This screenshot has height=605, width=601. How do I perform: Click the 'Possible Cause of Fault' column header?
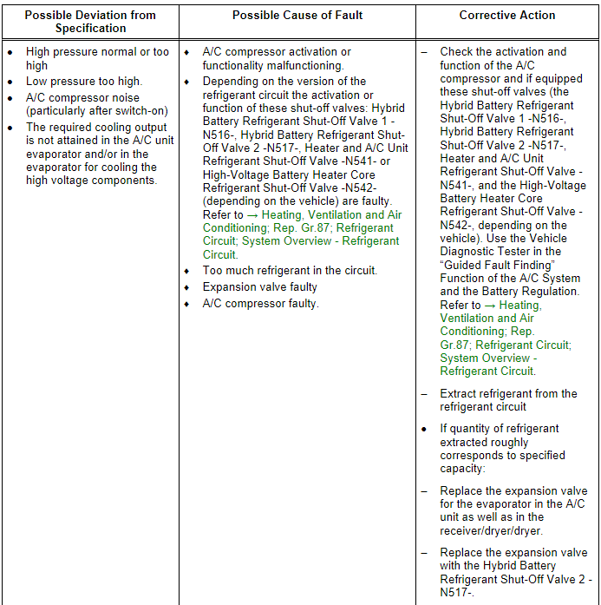297,16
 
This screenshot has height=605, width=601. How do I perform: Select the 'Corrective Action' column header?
506,16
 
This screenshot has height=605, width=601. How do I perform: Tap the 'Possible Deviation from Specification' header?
90,22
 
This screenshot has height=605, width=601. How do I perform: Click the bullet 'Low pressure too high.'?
84,82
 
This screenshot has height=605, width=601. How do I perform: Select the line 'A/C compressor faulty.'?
260,303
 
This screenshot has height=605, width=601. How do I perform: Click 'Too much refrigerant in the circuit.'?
290,271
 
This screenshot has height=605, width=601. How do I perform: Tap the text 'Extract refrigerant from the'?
508,393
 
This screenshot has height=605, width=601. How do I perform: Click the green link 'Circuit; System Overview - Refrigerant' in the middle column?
301,241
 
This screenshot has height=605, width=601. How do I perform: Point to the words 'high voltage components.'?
91,181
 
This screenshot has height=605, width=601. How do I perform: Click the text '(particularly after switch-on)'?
96,111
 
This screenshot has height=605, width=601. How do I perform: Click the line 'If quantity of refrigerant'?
500,429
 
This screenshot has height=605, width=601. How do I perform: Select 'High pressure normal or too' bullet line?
98,52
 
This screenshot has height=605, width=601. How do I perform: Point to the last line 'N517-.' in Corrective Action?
457,592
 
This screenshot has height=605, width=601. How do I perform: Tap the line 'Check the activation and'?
503,52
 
